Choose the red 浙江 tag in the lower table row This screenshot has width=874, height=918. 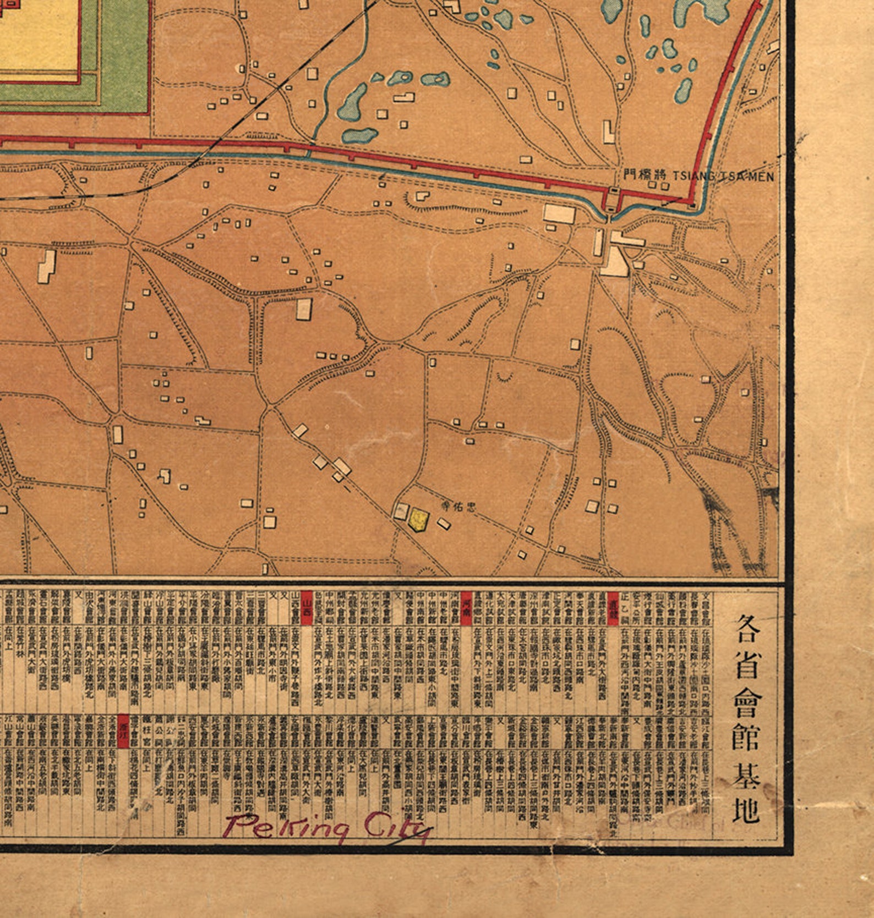click(x=124, y=731)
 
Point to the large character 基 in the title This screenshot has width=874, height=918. click(x=746, y=774)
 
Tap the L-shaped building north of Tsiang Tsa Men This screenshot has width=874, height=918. click(x=609, y=133)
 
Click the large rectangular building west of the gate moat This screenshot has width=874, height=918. click(x=559, y=213)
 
